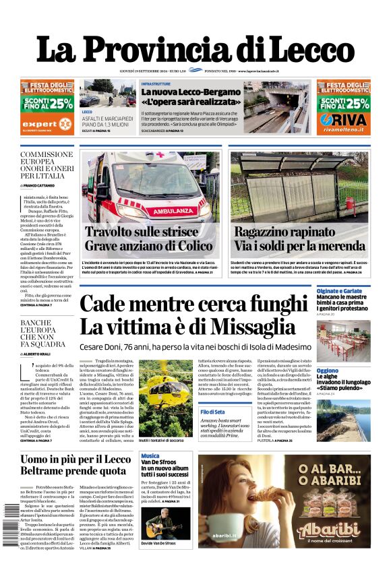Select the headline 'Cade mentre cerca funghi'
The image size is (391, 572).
point(187,305)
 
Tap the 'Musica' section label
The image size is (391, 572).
point(150,456)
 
